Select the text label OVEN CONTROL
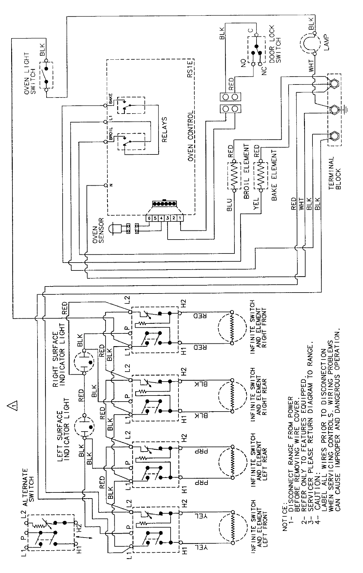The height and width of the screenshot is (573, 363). pos(190,136)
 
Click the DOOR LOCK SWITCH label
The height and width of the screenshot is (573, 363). pos(275,50)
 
